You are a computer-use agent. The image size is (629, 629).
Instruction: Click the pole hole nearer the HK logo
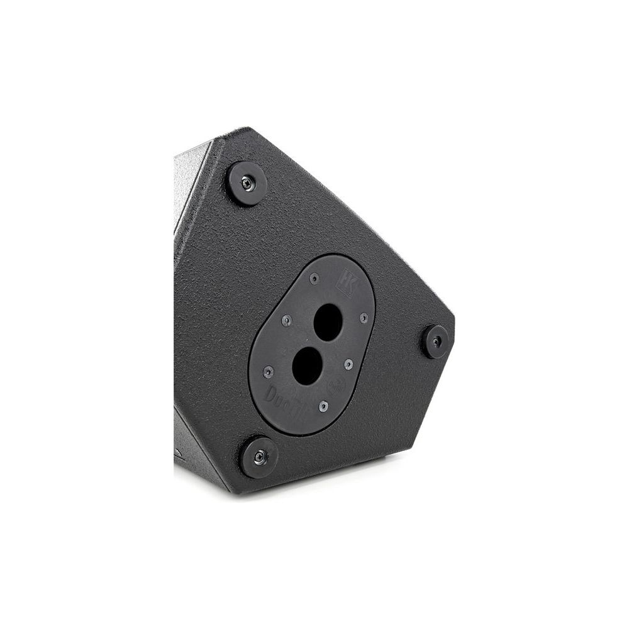(328, 322)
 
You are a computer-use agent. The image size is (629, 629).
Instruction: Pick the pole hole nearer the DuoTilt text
(307, 366)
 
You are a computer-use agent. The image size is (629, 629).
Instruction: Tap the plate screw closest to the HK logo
(314, 279)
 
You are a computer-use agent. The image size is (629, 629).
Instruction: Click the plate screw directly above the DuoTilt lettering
(269, 371)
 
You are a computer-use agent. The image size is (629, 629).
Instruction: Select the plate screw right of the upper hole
(364, 318)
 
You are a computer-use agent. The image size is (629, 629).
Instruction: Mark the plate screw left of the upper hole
(287, 321)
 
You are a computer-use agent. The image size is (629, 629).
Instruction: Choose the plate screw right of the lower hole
(347, 364)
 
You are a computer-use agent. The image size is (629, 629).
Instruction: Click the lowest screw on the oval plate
(323, 406)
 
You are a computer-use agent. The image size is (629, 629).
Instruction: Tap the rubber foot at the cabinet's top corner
(247, 183)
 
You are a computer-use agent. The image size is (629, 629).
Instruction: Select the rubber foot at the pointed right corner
(436, 342)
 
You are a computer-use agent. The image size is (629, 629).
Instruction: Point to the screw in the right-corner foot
(437, 342)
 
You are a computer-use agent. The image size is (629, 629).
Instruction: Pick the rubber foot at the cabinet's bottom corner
(259, 457)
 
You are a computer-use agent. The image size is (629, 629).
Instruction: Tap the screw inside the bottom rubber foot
(260, 457)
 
